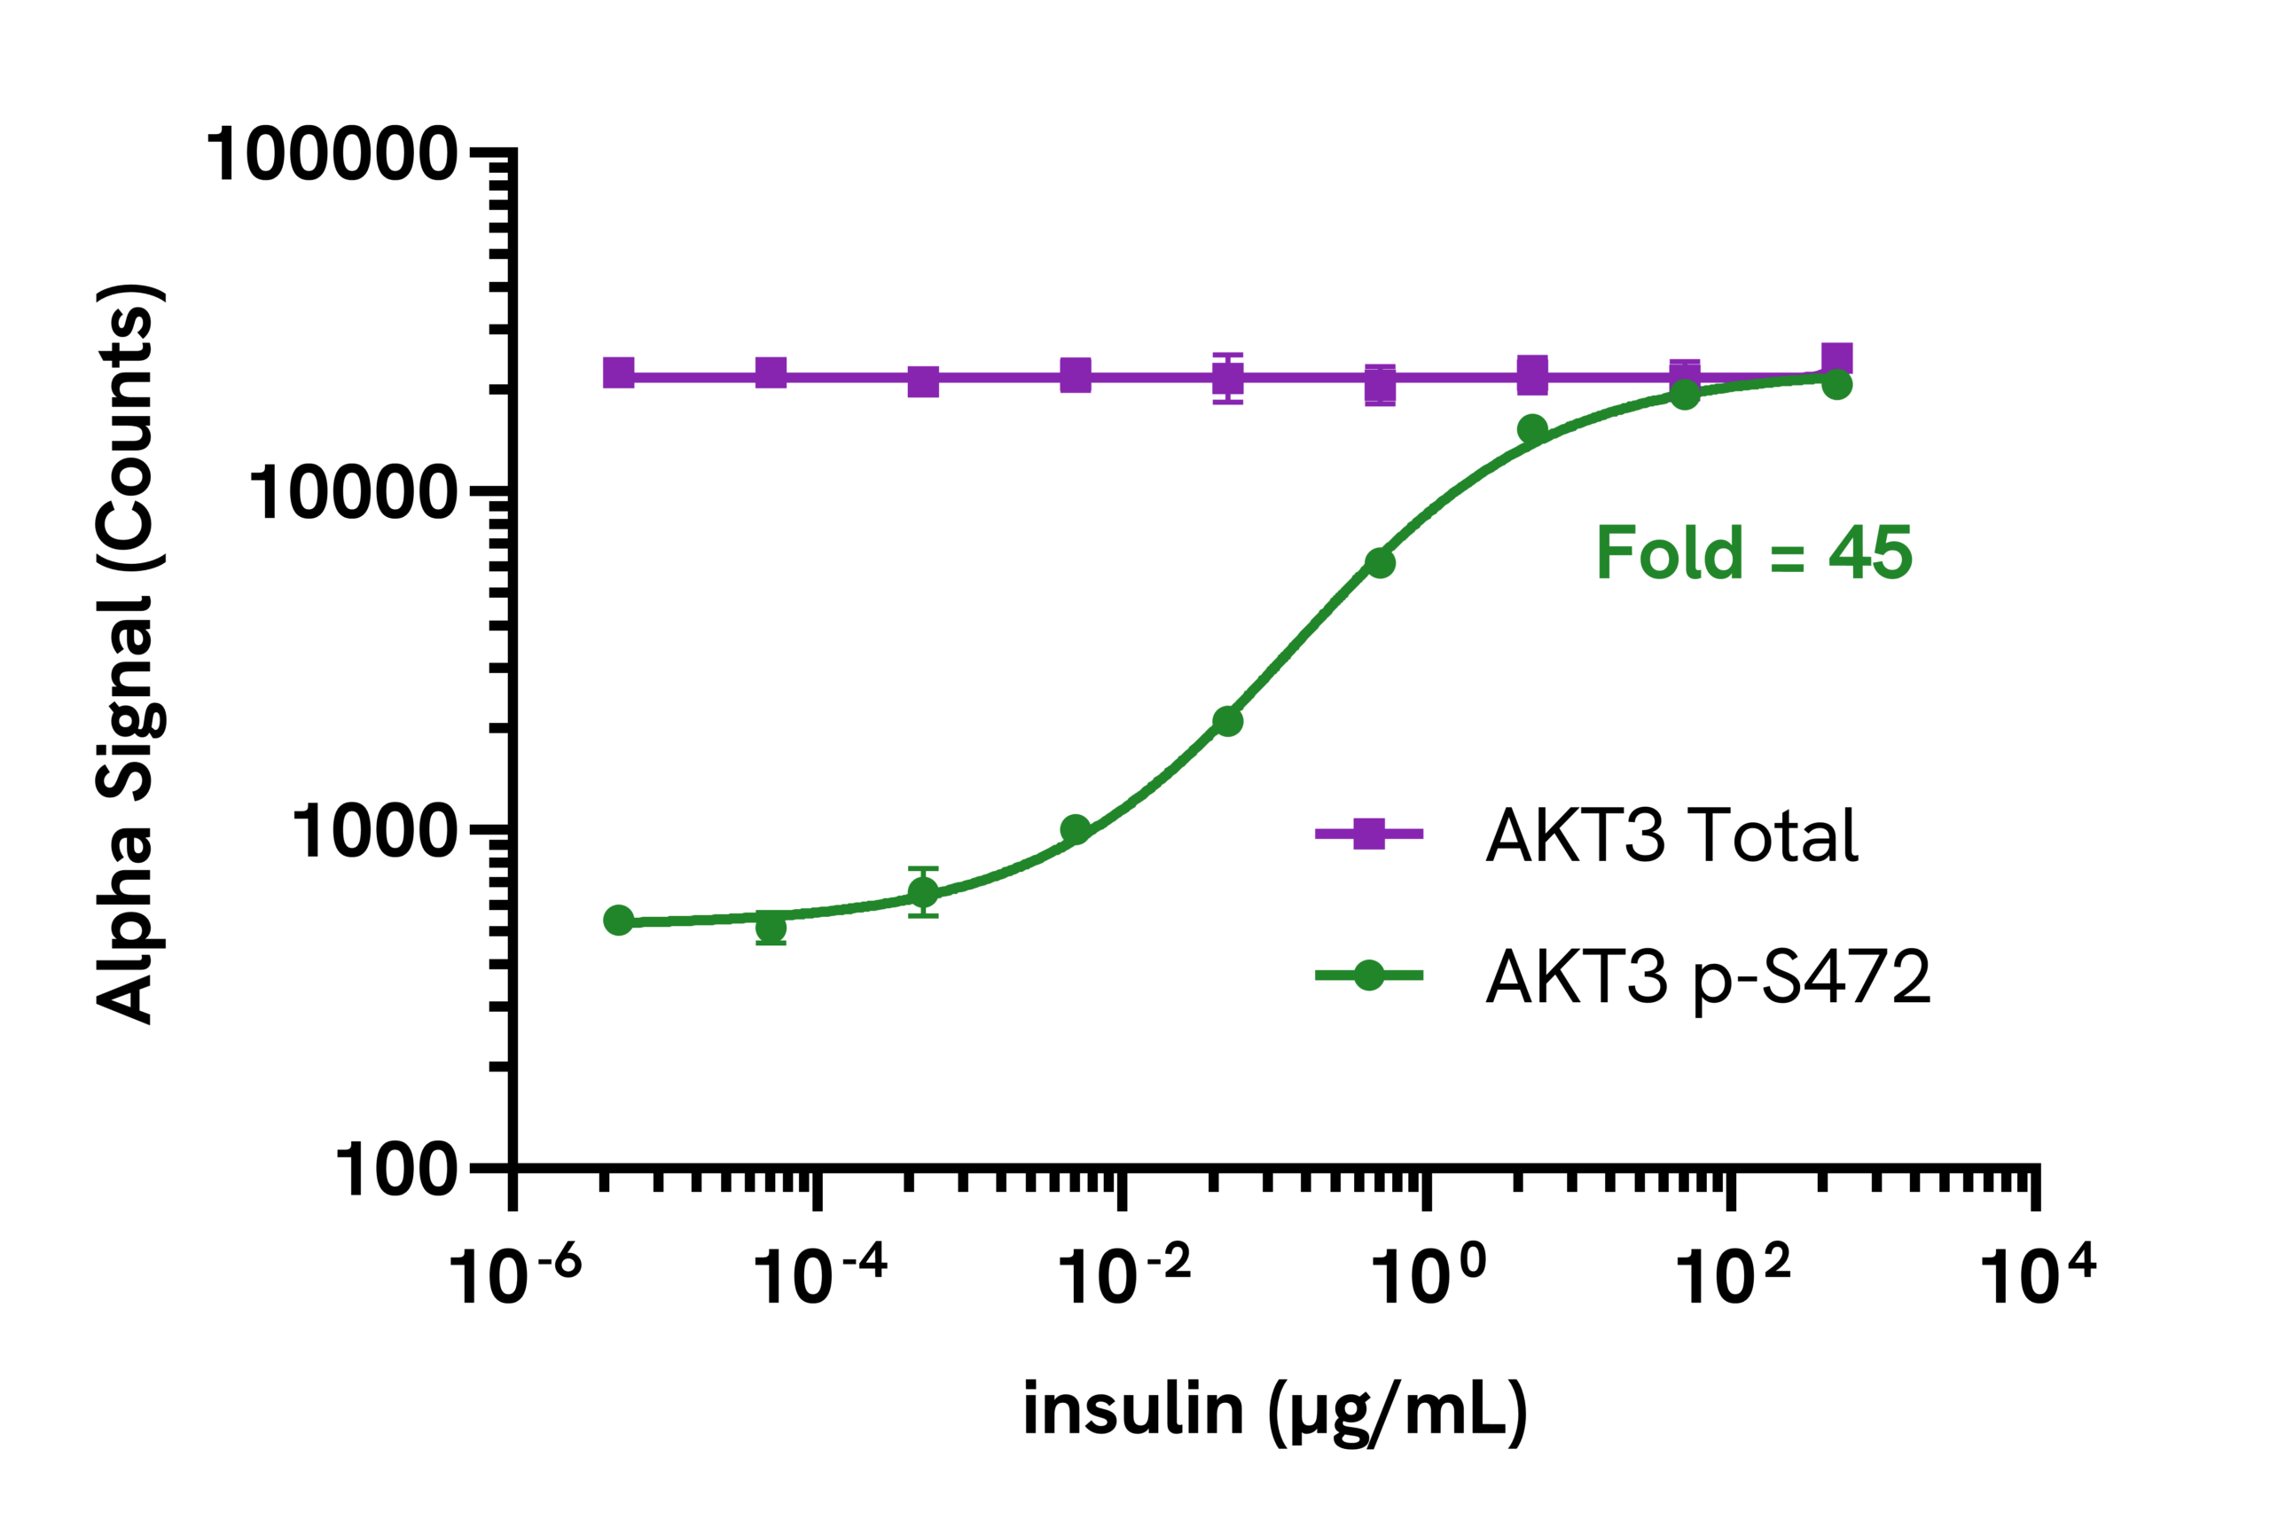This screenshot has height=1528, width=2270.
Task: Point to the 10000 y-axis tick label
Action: (x=353, y=492)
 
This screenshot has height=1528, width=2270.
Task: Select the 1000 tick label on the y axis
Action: (x=374, y=831)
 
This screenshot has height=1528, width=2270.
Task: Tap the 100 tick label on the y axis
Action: (x=395, y=1170)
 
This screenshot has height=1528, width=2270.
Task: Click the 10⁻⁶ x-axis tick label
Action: (x=513, y=1274)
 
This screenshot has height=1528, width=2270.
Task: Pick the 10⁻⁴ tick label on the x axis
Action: (x=819, y=1274)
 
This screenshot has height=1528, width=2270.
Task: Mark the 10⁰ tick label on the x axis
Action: (x=1428, y=1274)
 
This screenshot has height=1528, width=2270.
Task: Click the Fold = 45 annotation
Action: (x=1754, y=552)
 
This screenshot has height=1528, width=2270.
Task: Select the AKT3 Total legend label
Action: (x=1671, y=835)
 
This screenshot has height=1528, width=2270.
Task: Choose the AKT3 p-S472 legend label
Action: (x=1708, y=977)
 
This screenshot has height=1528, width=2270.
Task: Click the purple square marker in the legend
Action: (x=1369, y=834)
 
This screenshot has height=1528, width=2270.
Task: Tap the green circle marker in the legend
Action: (x=1369, y=976)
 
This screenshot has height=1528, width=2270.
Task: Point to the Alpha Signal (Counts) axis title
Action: (x=127, y=653)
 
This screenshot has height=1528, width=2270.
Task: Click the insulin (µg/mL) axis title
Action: (x=1274, y=1412)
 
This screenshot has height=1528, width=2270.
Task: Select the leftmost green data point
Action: (x=619, y=920)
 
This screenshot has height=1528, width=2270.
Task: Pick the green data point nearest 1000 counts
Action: (x=1076, y=830)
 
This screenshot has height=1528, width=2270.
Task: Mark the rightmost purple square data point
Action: (x=1836, y=359)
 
